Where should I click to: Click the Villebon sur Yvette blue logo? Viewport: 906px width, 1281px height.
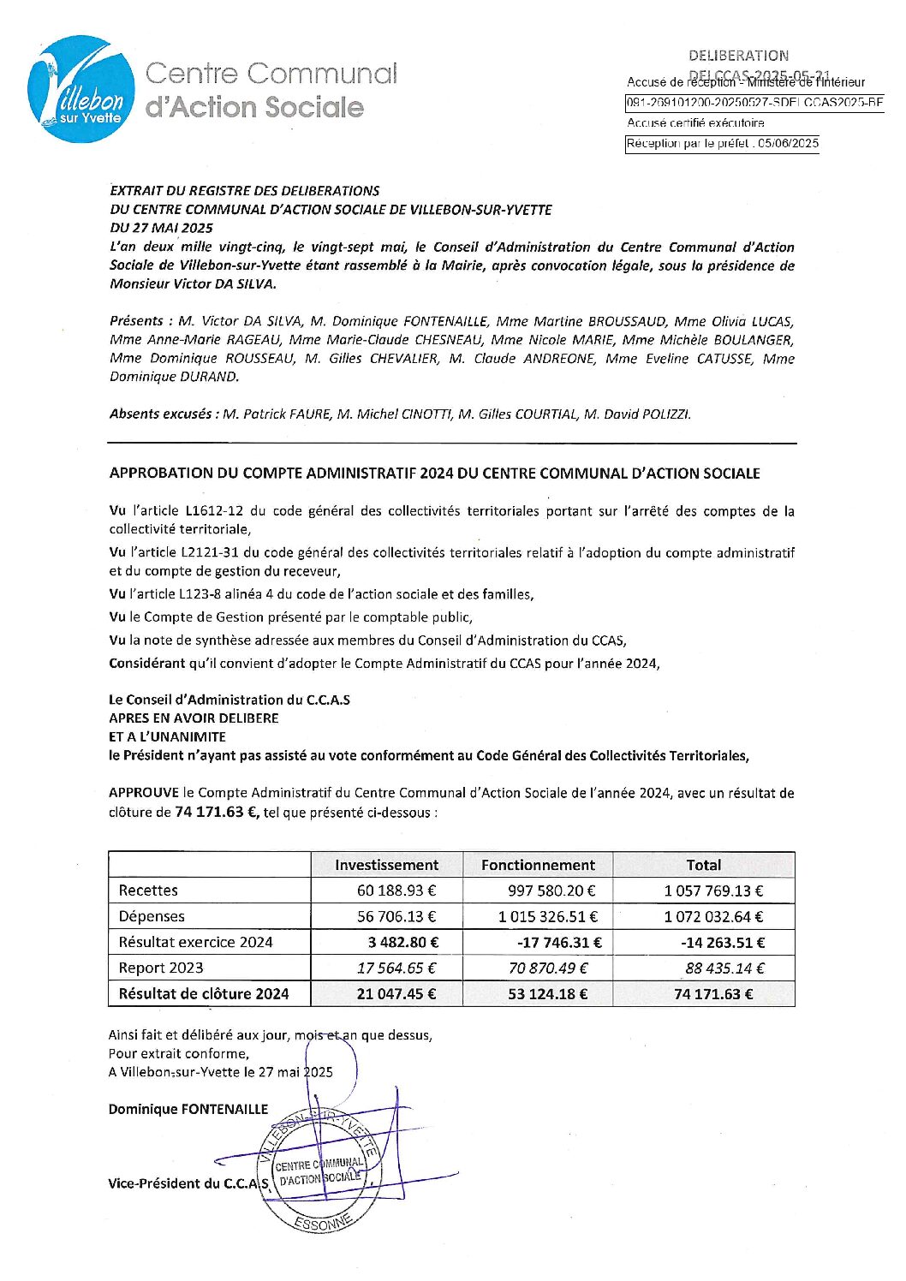tap(81, 89)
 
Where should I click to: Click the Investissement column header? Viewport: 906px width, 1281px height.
tap(386, 865)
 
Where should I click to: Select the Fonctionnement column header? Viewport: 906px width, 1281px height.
tap(538, 865)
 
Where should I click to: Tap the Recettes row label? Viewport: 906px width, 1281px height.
tap(148, 891)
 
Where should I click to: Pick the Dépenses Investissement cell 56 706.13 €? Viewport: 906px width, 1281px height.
tap(396, 916)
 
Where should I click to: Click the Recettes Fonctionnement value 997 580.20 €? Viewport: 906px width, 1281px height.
tap(551, 891)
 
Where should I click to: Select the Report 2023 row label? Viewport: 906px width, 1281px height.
tap(161, 968)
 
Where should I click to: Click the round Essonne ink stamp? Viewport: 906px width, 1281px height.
tap(319, 1171)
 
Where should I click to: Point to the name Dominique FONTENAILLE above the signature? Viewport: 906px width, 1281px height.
tap(188, 1109)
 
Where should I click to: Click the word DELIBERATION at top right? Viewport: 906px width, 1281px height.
tap(738, 56)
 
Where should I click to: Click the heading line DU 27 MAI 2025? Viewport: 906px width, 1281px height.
tap(161, 228)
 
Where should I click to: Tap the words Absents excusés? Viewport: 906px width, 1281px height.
tap(160, 414)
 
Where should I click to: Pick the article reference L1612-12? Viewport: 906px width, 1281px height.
tap(214, 511)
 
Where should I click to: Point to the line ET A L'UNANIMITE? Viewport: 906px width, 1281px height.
tap(167, 736)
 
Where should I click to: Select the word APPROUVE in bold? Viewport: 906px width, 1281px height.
tap(144, 793)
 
